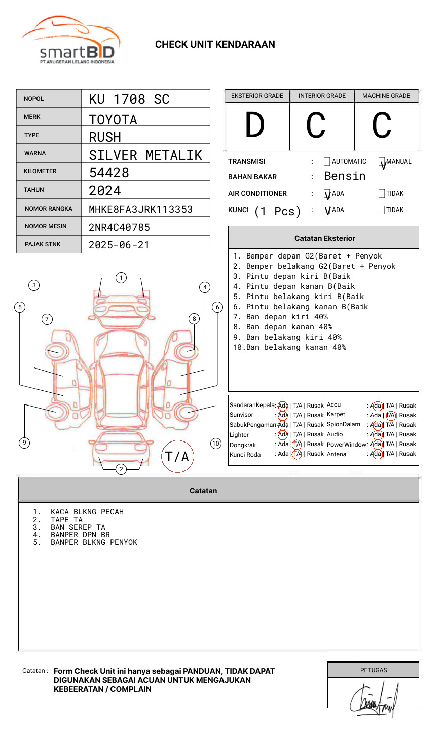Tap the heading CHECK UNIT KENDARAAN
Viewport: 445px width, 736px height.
tap(215, 45)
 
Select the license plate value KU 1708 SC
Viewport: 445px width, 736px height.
tap(129, 99)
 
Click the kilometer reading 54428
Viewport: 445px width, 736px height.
tap(109, 173)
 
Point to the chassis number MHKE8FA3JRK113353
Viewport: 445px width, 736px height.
tap(140, 209)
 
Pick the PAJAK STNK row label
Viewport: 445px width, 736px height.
tap(43, 244)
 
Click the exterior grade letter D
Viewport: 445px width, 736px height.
tap(255, 125)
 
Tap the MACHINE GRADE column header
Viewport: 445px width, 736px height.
tap(386, 96)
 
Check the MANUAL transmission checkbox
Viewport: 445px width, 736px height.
tap(382, 162)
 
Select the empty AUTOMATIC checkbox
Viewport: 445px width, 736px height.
tap(327, 162)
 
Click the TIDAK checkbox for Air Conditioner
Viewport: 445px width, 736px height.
tap(382, 194)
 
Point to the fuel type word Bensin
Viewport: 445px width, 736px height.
tap(345, 176)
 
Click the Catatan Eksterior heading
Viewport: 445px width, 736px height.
tap(324, 238)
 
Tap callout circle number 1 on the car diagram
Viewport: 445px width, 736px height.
tap(121, 278)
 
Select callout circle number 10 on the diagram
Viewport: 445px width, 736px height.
tap(216, 444)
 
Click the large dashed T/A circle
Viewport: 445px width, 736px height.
tap(177, 457)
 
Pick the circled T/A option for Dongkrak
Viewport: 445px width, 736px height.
tap(297, 445)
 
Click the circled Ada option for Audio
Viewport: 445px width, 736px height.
tap(376, 434)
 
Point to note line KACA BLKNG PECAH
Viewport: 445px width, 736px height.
tap(87, 512)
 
